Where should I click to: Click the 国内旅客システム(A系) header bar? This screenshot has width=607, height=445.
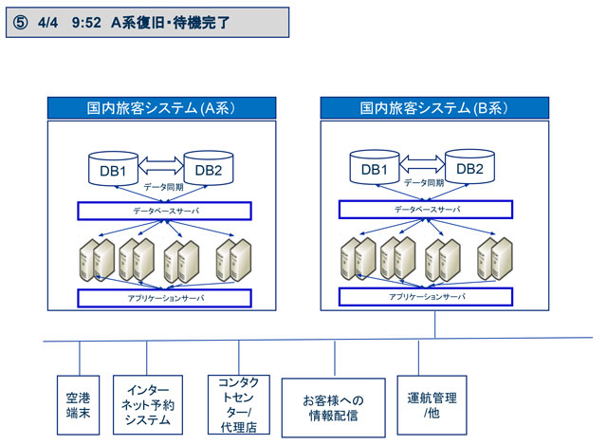coord(161,108)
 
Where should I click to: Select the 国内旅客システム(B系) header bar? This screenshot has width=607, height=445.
coord(435,108)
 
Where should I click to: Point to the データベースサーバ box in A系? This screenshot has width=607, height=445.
coord(163,210)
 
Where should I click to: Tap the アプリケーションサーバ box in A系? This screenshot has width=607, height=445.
coord(163,298)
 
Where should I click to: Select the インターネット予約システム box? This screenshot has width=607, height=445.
coord(147,405)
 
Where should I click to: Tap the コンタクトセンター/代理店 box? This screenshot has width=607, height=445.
coord(238,405)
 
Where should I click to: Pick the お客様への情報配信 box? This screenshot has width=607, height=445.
coord(335,408)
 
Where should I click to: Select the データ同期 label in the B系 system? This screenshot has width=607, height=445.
coord(423,183)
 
